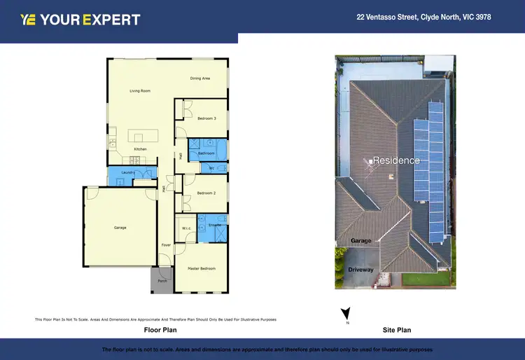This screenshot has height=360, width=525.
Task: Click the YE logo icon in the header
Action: click(x=28, y=20)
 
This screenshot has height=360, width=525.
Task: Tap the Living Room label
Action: click(x=140, y=91)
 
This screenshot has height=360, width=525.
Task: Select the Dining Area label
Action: click(x=200, y=78)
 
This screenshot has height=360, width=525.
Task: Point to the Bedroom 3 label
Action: click(x=206, y=118)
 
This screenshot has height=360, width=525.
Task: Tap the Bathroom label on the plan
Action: click(x=206, y=153)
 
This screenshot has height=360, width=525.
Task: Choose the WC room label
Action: click(x=211, y=168)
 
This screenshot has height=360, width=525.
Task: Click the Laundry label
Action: click(x=127, y=172)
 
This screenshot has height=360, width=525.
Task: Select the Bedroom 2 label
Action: click(x=206, y=193)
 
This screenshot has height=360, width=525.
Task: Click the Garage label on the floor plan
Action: click(x=120, y=228)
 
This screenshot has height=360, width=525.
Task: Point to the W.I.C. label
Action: click(x=186, y=228)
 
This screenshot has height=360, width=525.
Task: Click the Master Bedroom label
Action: click(x=202, y=268)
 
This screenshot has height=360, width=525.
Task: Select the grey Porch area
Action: click(x=162, y=280)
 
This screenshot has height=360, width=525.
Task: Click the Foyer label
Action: click(x=166, y=245)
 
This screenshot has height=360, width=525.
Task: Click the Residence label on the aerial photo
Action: click(x=396, y=160)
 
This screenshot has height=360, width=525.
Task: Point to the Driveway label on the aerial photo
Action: click(x=360, y=270)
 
